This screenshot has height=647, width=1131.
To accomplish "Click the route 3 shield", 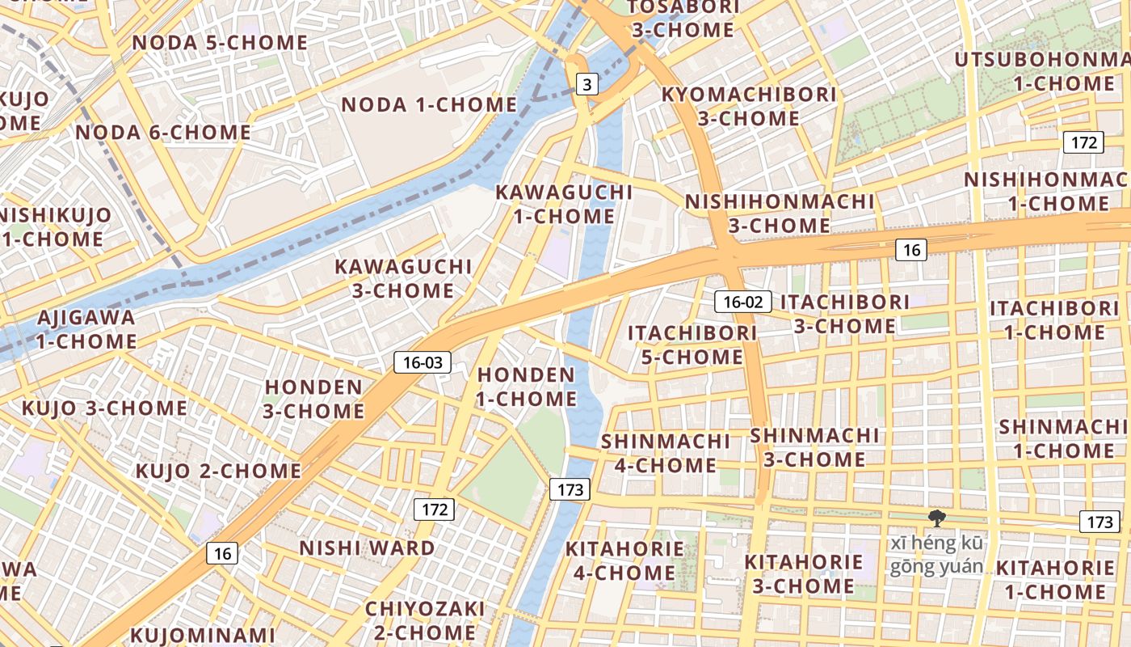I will [x=587, y=83].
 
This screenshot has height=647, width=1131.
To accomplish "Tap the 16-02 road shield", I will [x=742, y=302].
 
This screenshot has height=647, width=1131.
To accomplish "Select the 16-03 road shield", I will [x=423, y=362].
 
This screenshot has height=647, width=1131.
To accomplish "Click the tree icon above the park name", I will [x=937, y=518].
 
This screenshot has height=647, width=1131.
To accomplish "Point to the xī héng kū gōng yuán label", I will [x=937, y=555].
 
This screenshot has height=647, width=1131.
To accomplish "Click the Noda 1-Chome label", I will [x=429, y=104].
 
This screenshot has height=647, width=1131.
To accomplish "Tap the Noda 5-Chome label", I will [x=220, y=42].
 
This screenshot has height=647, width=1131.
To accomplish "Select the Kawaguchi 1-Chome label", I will [x=564, y=204].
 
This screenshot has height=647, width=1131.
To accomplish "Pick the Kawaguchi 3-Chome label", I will [x=403, y=277].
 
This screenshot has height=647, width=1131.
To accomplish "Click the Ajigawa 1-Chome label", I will [x=86, y=328].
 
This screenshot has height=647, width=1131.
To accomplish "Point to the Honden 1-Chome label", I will [x=526, y=387].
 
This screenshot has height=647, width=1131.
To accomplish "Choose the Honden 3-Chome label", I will [x=313, y=399].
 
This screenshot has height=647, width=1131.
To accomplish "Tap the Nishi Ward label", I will [x=367, y=548].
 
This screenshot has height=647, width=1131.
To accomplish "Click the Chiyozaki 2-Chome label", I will [x=425, y=620].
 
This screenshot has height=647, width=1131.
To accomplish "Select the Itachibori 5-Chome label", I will [x=692, y=345].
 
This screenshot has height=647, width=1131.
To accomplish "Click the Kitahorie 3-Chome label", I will [x=803, y=573].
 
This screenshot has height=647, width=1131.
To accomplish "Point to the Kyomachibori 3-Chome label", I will [x=748, y=106].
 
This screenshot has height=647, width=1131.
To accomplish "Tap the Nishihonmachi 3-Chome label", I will [x=780, y=213].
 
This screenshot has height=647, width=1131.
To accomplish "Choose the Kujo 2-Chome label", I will [x=218, y=471].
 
